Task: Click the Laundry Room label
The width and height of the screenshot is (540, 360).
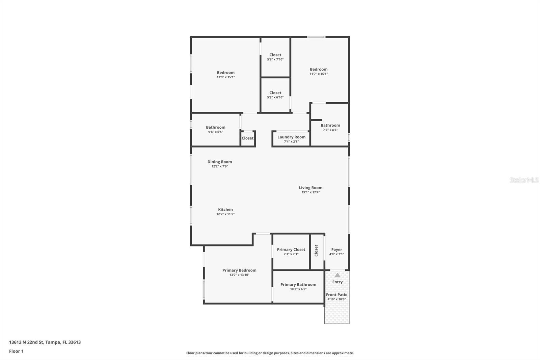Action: tap(291, 137)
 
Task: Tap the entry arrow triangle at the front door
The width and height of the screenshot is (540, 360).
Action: tap(337, 275)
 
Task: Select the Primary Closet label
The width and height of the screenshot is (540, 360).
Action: tap(291, 250)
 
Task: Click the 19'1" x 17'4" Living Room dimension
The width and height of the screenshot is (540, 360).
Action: tap(310, 192)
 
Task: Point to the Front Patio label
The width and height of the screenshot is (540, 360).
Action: tap(336, 295)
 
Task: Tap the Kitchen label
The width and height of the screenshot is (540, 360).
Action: tap(225, 210)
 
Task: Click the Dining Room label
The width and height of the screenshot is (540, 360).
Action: tap(220, 162)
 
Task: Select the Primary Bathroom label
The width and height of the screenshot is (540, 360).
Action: tap(298, 285)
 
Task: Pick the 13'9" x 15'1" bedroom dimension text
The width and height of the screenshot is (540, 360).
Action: tap(225, 77)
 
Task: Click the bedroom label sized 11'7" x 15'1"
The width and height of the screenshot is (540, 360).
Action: tap(319, 70)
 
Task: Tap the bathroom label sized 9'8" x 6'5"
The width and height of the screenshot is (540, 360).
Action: tap(216, 127)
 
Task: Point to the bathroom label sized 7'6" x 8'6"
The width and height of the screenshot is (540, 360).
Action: tap(330, 125)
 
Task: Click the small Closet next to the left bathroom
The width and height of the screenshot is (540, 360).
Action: tap(247, 138)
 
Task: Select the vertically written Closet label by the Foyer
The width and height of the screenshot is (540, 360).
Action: tap(316, 251)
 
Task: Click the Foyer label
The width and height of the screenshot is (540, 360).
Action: tap(336, 250)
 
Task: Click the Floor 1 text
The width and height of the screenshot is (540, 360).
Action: tap(16, 351)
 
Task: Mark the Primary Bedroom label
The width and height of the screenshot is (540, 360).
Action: tap(239, 271)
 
